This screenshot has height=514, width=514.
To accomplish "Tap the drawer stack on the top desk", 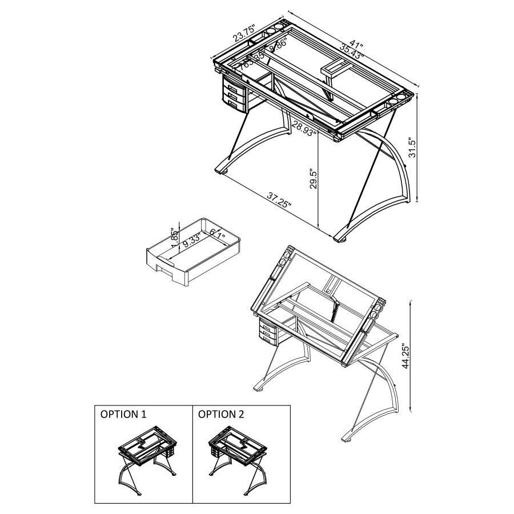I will tap(232, 94).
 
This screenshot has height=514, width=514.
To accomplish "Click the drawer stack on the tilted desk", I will tap(268, 332).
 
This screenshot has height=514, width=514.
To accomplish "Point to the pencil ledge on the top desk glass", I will tap(336, 68).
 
